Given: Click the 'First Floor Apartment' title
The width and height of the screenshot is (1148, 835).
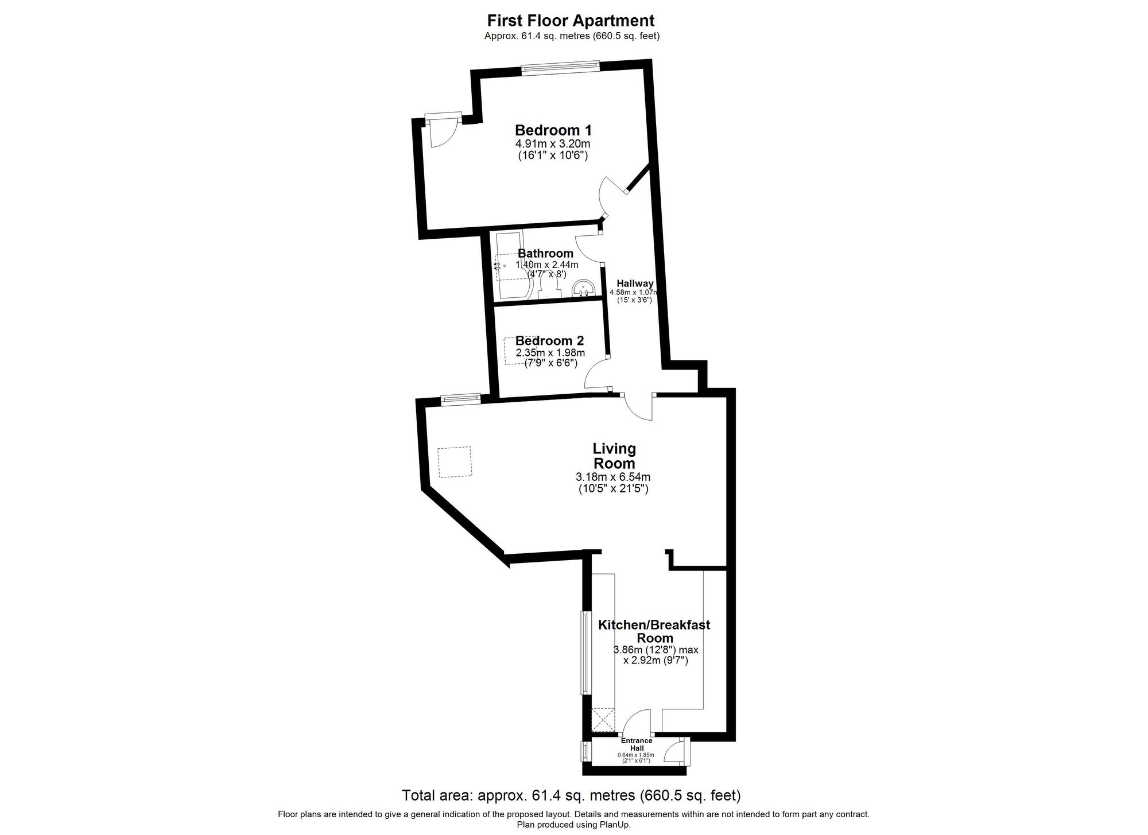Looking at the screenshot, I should tap(571, 21).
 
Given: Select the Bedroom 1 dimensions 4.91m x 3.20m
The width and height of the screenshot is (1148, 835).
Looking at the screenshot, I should tap(553, 143).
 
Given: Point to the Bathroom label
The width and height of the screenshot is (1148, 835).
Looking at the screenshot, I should tap(545, 253).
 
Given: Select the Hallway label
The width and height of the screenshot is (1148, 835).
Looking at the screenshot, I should tap(635, 283).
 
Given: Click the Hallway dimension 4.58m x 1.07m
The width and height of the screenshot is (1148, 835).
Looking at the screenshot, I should tap(634, 292).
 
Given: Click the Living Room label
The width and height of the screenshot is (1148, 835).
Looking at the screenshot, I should tap(614, 456).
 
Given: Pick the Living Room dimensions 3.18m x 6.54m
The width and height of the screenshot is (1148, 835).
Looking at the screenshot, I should tap(613, 477).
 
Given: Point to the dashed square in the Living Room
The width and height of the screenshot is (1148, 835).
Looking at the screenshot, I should tap(454, 463).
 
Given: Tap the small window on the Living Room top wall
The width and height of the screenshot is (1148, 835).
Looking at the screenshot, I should tap(460, 399).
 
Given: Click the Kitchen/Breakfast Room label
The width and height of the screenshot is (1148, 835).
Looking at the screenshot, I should tap(654, 631).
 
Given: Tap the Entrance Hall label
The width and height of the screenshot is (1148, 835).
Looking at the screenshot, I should tap(637, 744).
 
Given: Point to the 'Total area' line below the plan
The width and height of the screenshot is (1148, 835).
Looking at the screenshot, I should tap(571, 795).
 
